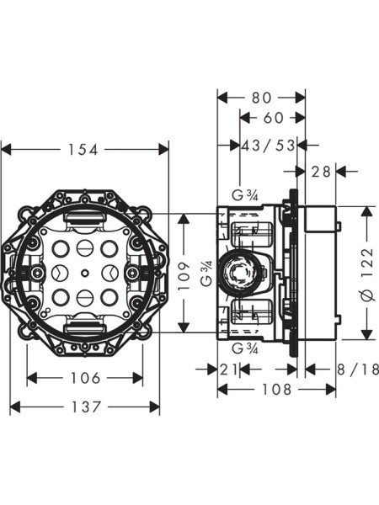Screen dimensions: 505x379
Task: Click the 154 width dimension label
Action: (84, 150)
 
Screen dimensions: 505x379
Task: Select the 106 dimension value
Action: (85, 378)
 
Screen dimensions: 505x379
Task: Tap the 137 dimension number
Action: (84, 407)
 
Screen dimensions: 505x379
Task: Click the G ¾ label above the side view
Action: (245, 196)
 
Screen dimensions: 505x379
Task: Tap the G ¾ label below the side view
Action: (245, 348)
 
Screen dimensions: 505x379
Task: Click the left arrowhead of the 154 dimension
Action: (5, 150)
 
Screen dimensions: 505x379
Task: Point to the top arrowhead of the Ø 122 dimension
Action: (367, 210)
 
